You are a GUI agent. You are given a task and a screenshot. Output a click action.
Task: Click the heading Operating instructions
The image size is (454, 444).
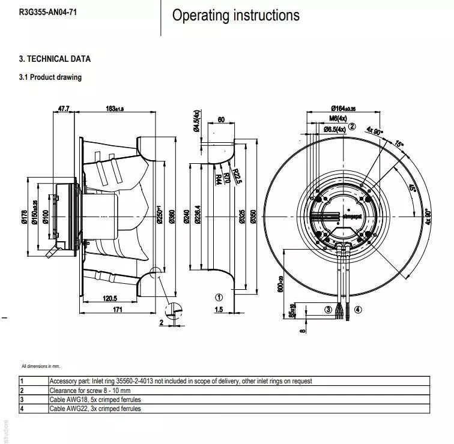coord(235,16)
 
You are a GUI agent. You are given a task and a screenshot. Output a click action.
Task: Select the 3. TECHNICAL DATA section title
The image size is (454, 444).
coord(55,59)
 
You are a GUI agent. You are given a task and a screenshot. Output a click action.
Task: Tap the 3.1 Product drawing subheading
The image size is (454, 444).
coord(50,77)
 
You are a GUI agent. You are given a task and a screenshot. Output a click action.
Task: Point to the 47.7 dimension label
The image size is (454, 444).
coord(64,109)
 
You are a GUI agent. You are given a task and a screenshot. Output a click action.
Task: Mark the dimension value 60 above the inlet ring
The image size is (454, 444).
coord(221,119)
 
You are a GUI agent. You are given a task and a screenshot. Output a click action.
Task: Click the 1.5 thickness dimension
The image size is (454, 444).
coord(219,310)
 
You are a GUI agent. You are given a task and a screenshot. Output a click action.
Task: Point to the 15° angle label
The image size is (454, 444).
coord(399,144)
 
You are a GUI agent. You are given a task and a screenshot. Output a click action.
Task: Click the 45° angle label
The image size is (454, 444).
coord(412,188)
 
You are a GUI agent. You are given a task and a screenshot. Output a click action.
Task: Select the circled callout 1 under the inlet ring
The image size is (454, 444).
coord(219,297)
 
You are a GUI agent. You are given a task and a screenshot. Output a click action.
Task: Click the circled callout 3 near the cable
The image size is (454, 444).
coord(328,310)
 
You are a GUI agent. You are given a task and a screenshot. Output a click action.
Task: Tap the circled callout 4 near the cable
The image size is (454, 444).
coord(358,310)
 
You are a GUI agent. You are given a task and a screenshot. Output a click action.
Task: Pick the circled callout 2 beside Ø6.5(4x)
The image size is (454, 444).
coord(353,127)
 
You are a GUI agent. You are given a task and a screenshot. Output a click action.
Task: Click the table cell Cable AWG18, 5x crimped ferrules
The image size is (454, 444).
coord(95,399)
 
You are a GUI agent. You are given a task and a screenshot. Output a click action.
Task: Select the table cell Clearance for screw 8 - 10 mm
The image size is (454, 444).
coord(98,390)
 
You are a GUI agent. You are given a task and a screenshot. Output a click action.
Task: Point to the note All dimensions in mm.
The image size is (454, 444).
coord(41,366)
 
